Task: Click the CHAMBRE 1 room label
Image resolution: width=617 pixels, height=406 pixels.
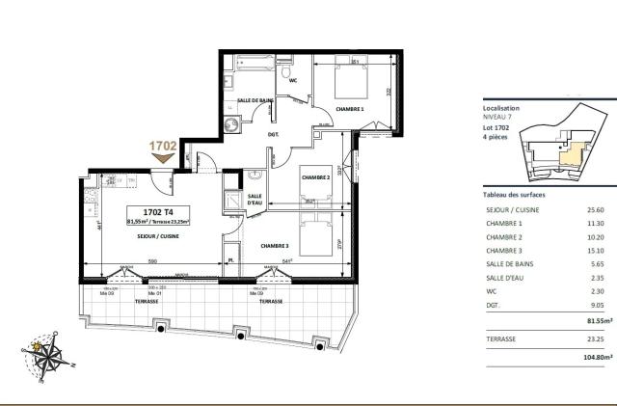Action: point(349,109)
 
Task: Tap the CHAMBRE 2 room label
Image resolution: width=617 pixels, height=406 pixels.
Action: point(316,177)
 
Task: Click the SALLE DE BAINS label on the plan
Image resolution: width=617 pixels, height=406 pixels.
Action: point(255,100)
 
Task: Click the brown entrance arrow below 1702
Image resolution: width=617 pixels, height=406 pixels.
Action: point(163,158)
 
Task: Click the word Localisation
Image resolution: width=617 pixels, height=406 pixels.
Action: point(501,109)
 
